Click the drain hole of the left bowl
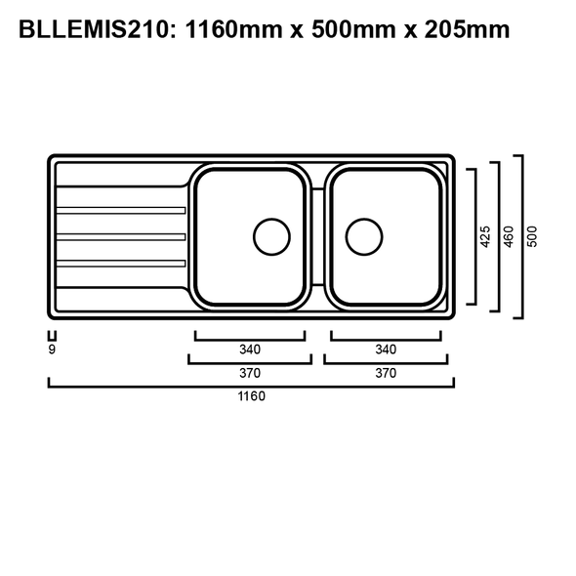(x=271, y=235)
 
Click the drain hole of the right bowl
(x=363, y=235)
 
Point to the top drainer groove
(x=121, y=210)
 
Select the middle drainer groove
(x=121, y=236)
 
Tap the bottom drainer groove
(x=121, y=263)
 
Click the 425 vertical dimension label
(x=485, y=236)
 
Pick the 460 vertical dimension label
(x=508, y=236)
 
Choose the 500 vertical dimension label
(x=532, y=236)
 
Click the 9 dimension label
(x=51, y=349)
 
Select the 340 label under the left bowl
(x=250, y=350)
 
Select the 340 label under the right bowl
(x=386, y=350)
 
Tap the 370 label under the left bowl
(x=250, y=373)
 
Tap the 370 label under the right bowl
(x=386, y=373)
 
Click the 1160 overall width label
(x=250, y=396)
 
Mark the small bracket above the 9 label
(x=51, y=334)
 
